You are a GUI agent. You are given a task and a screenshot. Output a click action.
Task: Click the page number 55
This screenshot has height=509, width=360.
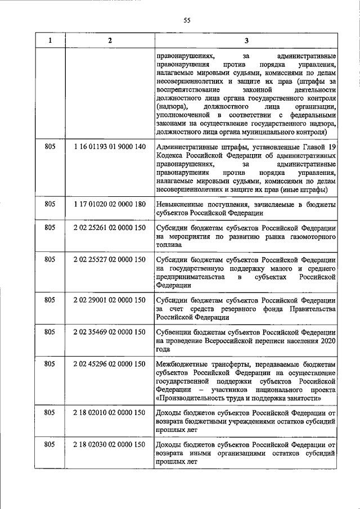[x=188, y=21]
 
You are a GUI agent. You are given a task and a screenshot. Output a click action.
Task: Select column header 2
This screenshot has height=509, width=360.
[x=110, y=40]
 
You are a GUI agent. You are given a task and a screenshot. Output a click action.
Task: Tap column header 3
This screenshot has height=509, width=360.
[x=246, y=40]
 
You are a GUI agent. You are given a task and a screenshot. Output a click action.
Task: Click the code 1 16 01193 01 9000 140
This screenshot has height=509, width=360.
[x=110, y=147]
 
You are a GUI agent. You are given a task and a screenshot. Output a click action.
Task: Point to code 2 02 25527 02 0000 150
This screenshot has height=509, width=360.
[x=110, y=260]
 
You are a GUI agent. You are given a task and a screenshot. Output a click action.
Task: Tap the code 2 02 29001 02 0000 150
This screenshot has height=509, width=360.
[x=110, y=300]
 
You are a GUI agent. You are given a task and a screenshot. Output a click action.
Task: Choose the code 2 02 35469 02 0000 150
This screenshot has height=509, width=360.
[x=110, y=332]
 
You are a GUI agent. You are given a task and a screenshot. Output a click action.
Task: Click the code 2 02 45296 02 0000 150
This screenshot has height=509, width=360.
[x=110, y=364]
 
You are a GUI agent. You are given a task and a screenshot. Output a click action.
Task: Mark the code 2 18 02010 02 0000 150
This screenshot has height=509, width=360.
[x=110, y=413]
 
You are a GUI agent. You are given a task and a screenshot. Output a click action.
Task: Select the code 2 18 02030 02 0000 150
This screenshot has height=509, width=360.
[x=110, y=445]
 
